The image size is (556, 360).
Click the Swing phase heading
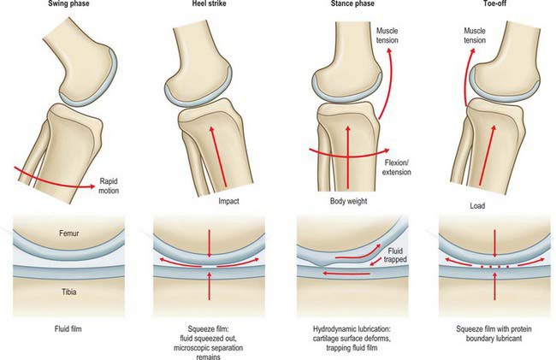[x=68, y=3]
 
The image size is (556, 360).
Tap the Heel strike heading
[x=210, y=3]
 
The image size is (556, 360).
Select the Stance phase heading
[x=352, y=3]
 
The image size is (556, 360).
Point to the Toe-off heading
[x=494, y=3]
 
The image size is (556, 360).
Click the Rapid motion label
[x=109, y=186]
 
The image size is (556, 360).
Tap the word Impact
[x=228, y=201]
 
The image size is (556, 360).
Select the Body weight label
[x=348, y=201]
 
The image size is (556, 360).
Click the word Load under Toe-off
[x=477, y=206]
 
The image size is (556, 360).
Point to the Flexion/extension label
[x=396, y=168]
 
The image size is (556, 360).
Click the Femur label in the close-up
[x=68, y=233]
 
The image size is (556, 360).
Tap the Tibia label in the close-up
[x=68, y=292]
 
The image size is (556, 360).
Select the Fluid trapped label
[x=395, y=255]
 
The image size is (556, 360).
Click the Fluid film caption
[x=68, y=329]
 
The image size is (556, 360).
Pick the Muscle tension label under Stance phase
[x=387, y=35]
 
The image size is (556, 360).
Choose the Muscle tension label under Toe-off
[x=475, y=35]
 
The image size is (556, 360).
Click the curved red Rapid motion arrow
[x=53, y=180]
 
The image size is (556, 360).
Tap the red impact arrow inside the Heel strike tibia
[x=219, y=156]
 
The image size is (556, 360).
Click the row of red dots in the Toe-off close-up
[x=495, y=267]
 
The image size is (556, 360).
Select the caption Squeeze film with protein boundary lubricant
[x=494, y=333]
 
